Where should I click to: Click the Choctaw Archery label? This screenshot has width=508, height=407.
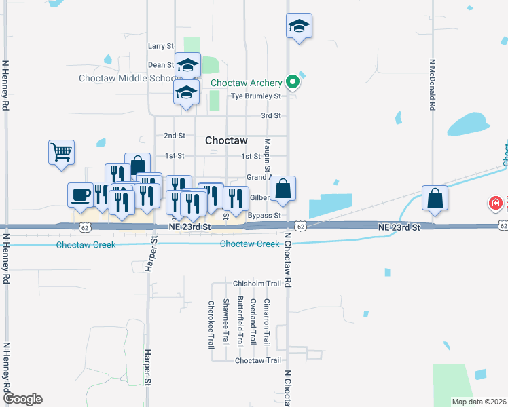(x=246, y=83)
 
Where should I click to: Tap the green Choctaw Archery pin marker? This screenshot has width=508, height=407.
(x=293, y=82)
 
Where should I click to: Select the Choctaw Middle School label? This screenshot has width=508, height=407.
(x=127, y=78)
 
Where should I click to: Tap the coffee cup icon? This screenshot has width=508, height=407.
(x=80, y=195)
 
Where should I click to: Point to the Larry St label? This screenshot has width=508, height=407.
(x=161, y=46)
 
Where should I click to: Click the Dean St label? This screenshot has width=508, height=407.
(x=161, y=65)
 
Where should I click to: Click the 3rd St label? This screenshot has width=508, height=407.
(x=271, y=116)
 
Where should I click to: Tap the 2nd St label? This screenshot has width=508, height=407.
(x=175, y=136)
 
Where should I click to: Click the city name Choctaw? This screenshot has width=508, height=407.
(x=225, y=140)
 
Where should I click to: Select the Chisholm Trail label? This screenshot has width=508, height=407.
(x=257, y=284)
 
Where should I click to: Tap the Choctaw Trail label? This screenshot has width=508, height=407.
(x=257, y=360)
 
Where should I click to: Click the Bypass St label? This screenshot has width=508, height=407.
(x=264, y=216)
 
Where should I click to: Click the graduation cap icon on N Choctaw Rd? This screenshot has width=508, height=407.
(x=299, y=26)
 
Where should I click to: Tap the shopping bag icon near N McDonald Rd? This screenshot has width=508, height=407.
(x=435, y=198)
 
